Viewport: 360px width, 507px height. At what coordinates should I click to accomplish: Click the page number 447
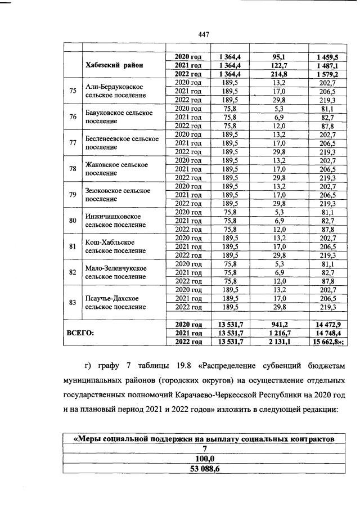(x=204, y=35)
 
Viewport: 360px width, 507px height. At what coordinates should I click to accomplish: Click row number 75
(x=73, y=91)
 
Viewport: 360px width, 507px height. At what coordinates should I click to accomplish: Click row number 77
(x=73, y=142)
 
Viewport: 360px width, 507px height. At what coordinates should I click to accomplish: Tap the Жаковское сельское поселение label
(x=116, y=168)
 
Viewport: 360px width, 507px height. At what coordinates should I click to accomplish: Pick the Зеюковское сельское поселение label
(x=118, y=194)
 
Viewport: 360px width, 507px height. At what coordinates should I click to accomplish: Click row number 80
(x=73, y=220)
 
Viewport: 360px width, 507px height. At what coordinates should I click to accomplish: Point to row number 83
(x=73, y=302)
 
